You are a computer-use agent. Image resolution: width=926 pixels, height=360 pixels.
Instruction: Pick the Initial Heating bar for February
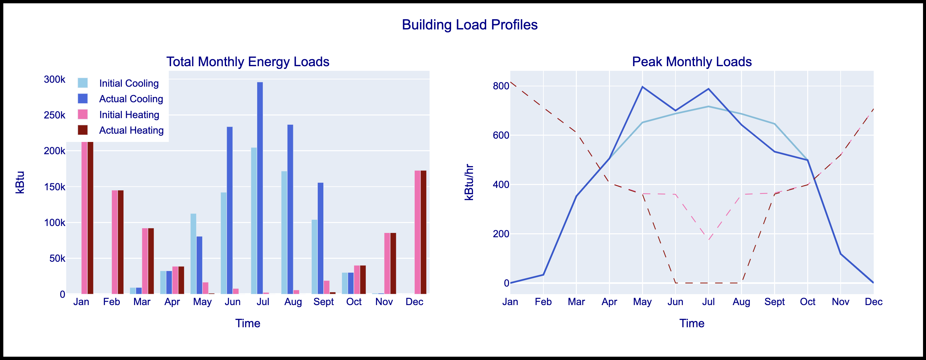click(x=114, y=242)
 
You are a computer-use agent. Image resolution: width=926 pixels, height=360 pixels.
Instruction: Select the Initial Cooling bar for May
click(x=193, y=254)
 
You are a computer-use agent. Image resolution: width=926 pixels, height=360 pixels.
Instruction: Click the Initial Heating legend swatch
click(x=83, y=114)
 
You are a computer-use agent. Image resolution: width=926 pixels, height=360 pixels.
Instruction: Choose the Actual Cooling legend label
click(x=131, y=99)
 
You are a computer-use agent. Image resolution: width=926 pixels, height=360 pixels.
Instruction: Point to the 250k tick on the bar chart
click(x=55, y=115)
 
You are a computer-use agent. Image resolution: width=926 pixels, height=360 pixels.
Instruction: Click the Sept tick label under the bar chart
click(x=324, y=302)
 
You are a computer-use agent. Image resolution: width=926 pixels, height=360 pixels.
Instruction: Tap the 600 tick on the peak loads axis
click(x=501, y=135)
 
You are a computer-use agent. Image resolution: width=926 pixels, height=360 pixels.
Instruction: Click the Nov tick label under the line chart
click(x=840, y=302)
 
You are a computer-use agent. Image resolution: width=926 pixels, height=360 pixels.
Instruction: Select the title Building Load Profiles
click(x=470, y=25)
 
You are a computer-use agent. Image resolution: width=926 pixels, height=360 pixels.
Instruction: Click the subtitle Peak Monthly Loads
click(x=692, y=62)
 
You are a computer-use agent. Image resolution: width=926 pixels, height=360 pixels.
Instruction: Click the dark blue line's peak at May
click(x=642, y=87)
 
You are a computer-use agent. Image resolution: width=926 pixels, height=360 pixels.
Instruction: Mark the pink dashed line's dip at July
click(x=709, y=240)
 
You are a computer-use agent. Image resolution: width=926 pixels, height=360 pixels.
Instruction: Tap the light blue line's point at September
click(x=774, y=124)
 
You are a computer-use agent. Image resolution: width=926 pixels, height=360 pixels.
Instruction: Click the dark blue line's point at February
click(x=543, y=275)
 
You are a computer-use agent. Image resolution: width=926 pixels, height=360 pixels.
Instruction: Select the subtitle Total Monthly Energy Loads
click(x=248, y=62)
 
